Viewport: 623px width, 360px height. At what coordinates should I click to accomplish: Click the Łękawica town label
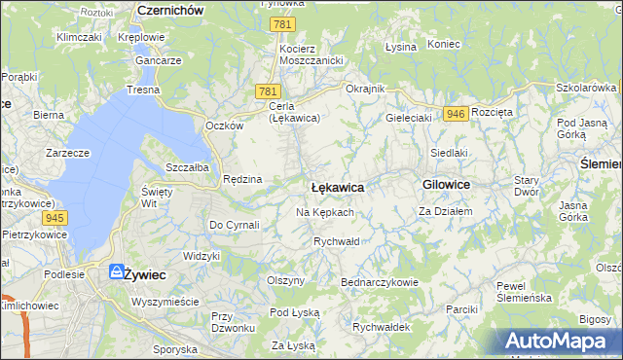coord(337,186)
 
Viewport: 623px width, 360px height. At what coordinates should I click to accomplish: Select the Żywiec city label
coord(144,274)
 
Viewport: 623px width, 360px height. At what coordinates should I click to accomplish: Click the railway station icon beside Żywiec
coord(116,272)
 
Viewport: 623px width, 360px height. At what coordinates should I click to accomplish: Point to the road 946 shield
coord(454,114)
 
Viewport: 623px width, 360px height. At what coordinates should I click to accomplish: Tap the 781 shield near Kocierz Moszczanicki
coord(281,24)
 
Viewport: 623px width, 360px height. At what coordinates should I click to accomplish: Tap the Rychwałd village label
coord(337,241)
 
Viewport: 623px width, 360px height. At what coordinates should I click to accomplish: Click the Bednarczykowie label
coord(379,282)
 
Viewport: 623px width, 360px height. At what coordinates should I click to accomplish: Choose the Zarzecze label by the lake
coord(68,153)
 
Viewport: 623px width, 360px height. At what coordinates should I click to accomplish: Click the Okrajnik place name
coord(365,89)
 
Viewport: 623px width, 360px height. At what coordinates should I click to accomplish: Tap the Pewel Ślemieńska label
coord(525,291)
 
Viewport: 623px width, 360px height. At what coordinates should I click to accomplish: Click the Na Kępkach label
coord(324,212)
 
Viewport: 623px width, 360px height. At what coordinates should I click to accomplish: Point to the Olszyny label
coord(286,280)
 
